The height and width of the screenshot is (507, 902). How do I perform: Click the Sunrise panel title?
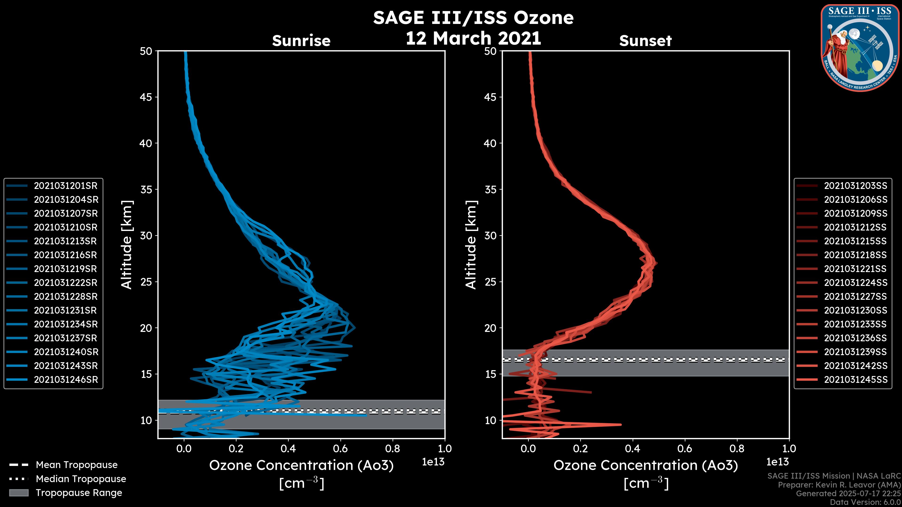pyautogui.click(x=301, y=41)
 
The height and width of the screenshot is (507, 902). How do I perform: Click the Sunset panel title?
pyautogui.click(x=645, y=41)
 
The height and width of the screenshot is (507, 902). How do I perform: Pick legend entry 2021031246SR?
pyautogui.click(x=66, y=380)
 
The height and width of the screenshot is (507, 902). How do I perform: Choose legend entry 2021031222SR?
pyautogui.click(x=66, y=283)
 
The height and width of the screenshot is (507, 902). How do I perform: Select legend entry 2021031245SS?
pyautogui.click(x=855, y=380)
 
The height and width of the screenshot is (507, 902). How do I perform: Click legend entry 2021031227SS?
pyautogui.click(x=855, y=296)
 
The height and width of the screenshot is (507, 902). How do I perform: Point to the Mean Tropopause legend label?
pyautogui.click(x=77, y=465)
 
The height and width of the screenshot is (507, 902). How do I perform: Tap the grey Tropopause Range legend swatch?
pyautogui.click(x=19, y=493)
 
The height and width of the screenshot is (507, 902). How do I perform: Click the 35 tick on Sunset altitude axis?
pyautogui.click(x=490, y=189)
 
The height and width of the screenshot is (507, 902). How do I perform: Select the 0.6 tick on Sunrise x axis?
pyautogui.click(x=340, y=448)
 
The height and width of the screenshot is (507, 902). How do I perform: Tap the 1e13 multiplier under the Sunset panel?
pyautogui.click(x=777, y=462)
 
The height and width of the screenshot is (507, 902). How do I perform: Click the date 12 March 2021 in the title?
pyautogui.click(x=473, y=38)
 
